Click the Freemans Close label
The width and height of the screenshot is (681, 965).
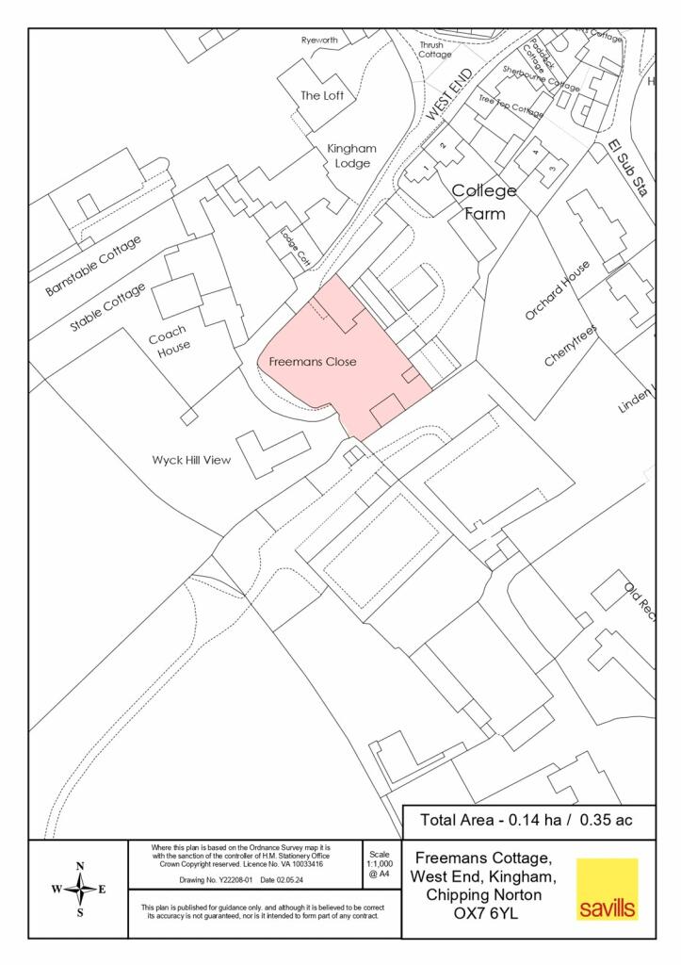pyautogui.click(x=312, y=361)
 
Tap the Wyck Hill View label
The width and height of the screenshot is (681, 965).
pyautogui.click(x=191, y=461)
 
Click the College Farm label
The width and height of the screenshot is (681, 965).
pyautogui.click(x=484, y=202)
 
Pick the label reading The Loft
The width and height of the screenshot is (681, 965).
pyautogui.click(x=322, y=95)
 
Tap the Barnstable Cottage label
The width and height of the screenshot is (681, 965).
pyautogui.click(x=93, y=267)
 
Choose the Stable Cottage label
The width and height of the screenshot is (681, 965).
pyautogui.click(x=108, y=307)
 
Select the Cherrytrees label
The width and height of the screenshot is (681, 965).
pyautogui.click(x=571, y=346)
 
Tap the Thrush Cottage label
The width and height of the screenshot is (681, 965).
pyautogui.click(x=434, y=49)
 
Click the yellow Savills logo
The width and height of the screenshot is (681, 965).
pyautogui.click(x=607, y=889)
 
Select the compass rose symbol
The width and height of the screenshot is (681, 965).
pyautogui.click(x=79, y=889)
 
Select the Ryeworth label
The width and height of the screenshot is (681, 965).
pyautogui.click(x=318, y=41)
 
